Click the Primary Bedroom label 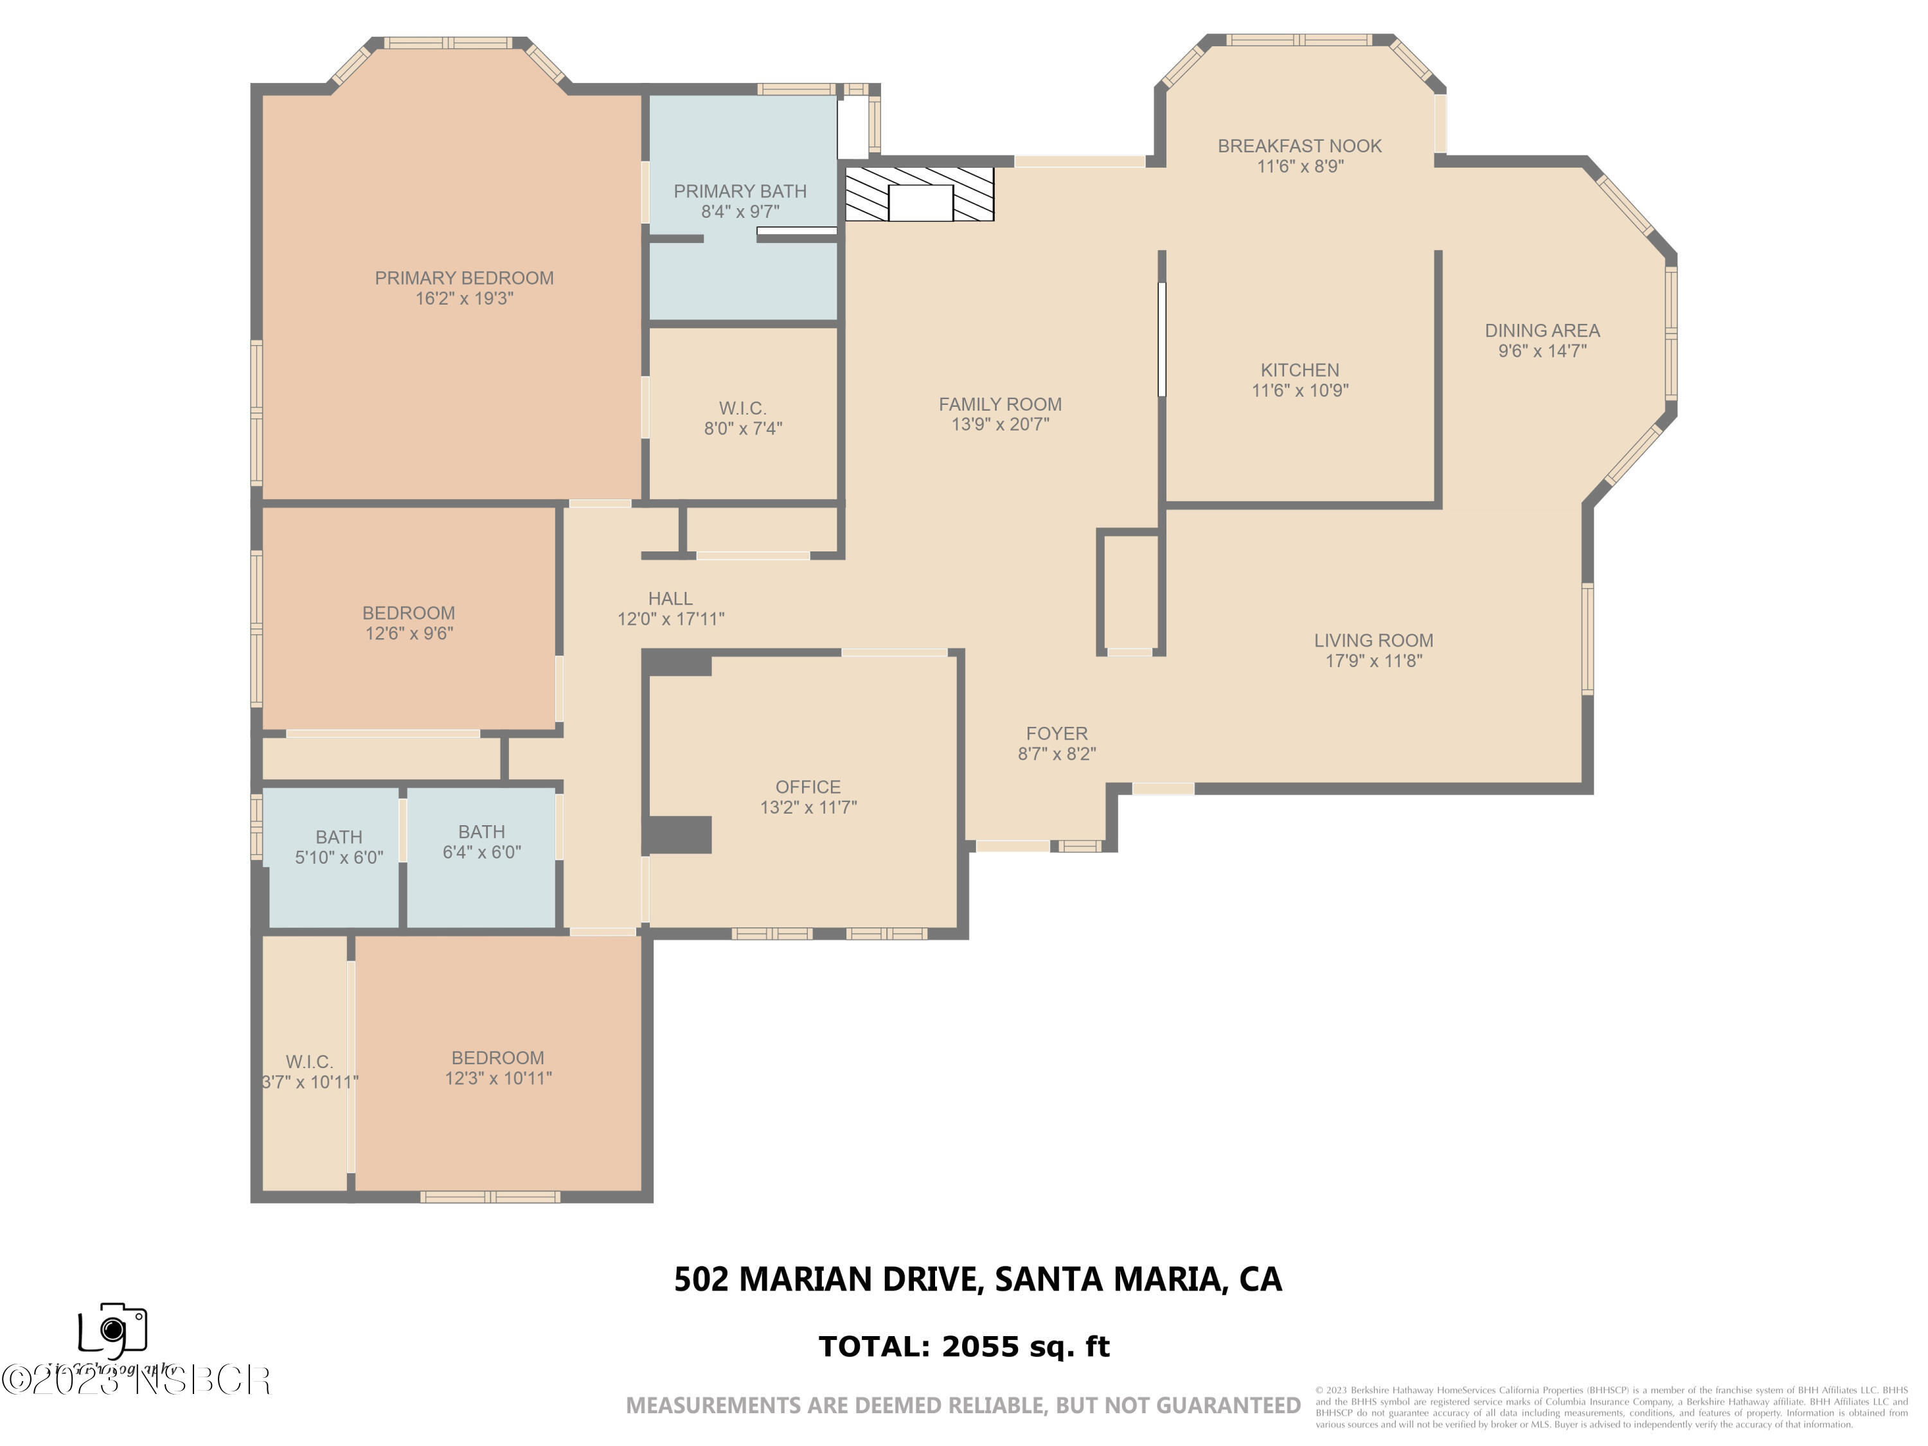pos(464,278)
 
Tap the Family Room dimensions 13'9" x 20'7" pos(1000,424)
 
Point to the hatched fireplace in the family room pos(920,193)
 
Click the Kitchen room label pos(1299,370)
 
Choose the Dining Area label pos(1542,330)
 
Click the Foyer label pos(1057,733)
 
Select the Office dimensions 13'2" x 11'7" pos(808,807)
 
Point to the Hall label pos(670,599)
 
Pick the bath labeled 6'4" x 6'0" pos(481,841)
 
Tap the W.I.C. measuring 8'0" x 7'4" pos(743,418)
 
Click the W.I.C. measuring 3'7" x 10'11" pos(309,1071)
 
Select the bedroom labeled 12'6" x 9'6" pos(408,622)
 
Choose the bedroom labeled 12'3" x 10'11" pos(497,1067)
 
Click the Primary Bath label pos(739,191)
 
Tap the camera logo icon pos(112,1329)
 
